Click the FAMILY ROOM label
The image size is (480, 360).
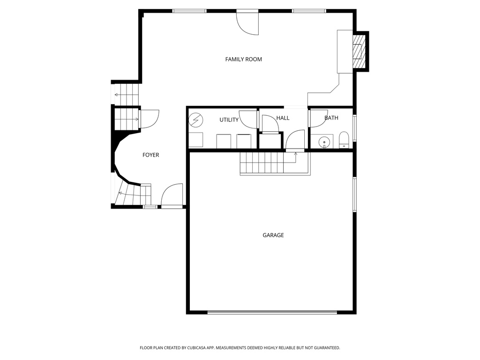pyautogui.click(x=243, y=59)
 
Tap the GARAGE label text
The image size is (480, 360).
pyautogui.click(x=273, y=235)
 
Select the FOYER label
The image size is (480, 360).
pyautogui.click(x=151, y=155)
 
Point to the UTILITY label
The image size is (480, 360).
pyautogui.click(x=229, y=120)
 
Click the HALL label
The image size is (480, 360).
pyautogui.click(x=283, y=118)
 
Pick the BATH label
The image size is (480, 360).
pyautogui.click(x=331, y=118)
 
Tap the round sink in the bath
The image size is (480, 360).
pyautogui.click(x=324, y=142)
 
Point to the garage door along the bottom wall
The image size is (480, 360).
pyautogui.click(x=272, y=312)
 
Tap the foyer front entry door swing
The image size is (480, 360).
pyautogui.click(x=172, y=195)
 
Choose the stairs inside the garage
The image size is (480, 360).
pyautogui.click(x=262, y=164)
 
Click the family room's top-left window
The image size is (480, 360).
pyautogui.click(x=189, y=11)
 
